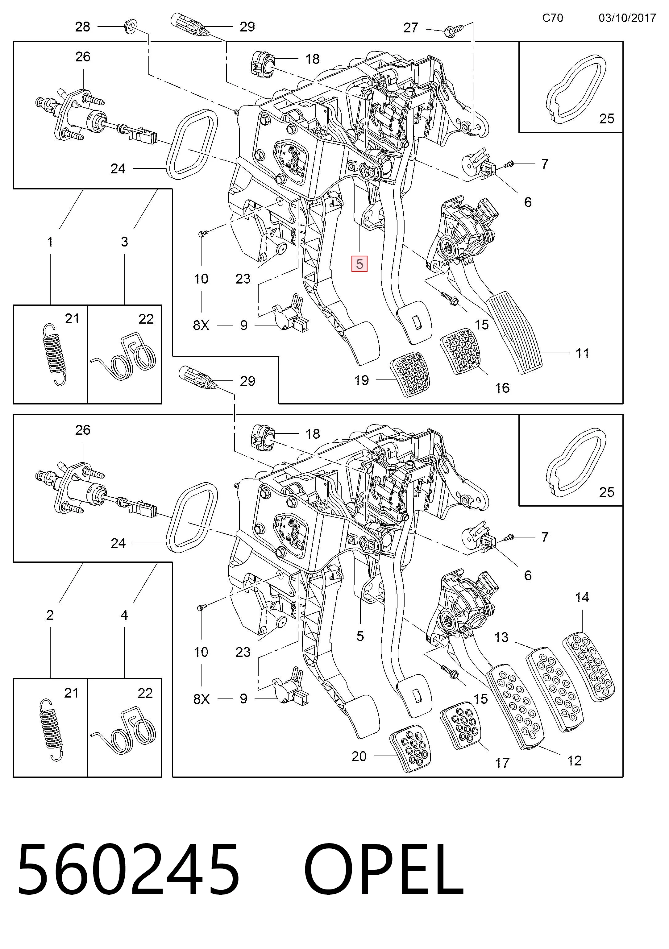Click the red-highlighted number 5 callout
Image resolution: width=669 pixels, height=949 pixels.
tap(359, 264)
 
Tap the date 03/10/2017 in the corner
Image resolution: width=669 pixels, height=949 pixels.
tap(627, 18)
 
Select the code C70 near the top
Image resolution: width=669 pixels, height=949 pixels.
tap(552, 18)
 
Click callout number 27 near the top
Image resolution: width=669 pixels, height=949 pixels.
tap(411, 28)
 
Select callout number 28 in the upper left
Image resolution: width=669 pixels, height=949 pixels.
tap(82, 27)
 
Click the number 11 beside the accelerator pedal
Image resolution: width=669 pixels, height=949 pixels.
tap(582, 353)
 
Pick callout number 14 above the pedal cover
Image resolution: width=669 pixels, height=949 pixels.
tap(582, 597)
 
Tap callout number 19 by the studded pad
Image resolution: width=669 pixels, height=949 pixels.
tap(361, 380)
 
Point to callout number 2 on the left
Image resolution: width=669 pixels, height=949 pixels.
tap(50, 615)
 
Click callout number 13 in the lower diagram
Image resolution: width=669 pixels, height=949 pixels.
tap(501, 637)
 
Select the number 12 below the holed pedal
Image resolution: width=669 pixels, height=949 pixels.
tap(574, 761)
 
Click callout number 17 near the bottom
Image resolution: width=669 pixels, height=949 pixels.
tap(502, 763)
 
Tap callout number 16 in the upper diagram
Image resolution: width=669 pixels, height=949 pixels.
tap(502, 388)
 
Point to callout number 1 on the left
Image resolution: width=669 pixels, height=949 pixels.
tap(50, 242)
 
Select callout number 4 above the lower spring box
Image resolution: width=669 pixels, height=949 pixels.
tap(124, 615)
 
